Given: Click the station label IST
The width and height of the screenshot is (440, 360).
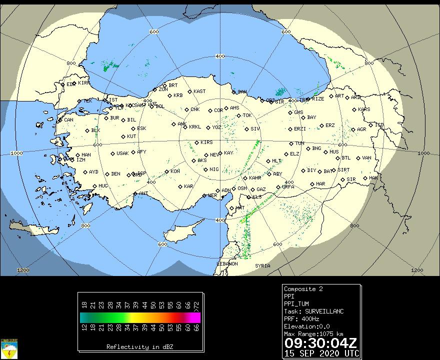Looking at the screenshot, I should pyautogui.click(x=113, y=100).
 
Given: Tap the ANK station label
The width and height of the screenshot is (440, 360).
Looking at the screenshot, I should pyautogui.click(x=181, y=124).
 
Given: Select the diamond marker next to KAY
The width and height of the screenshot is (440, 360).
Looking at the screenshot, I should pyautogui.click(x=220, y=153).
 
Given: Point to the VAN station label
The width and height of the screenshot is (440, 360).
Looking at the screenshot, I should pyautogui.click(x=366, y=158).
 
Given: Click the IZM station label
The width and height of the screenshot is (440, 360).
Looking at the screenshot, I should pyautogui.click(x=80, y=160).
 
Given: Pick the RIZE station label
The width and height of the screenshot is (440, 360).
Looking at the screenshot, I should pyautogui.click(x=318, y=99).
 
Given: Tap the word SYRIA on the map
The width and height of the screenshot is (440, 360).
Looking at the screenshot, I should pyautogui.click(x=262, y=265).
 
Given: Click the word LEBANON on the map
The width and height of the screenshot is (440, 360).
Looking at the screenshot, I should pyautogui.click(x=227, y=264).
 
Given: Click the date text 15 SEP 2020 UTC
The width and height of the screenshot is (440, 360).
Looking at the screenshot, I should pyautogui.click(x=320, y=352).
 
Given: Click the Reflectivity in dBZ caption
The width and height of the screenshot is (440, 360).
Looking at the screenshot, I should pyautogui.click(x=140, y=346).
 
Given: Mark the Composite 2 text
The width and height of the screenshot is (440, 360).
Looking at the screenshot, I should pyautogui.click(x=303, y=289).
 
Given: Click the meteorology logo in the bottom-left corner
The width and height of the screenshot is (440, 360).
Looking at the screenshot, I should pyautogui.click(x=9, y=348).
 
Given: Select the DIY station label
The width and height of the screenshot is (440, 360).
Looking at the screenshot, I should pyautogui.click(x=311, y=170).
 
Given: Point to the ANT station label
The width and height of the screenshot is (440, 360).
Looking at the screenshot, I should pyautogui.click(x=143, y=193).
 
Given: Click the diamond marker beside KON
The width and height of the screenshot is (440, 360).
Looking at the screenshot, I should pyautogui.click(x=166, y=171).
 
